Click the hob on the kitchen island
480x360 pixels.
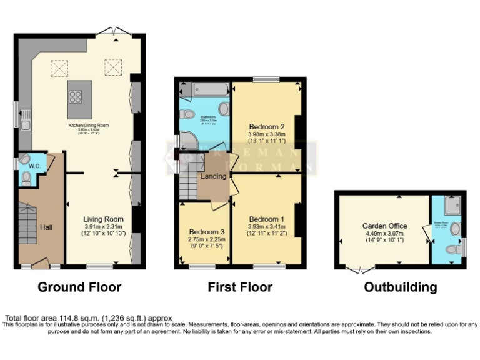(76, 96)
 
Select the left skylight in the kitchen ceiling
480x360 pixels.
(59, 67)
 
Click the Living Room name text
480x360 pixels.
(104, 219)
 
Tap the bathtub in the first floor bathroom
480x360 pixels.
(206, 89)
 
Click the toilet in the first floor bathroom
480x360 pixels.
(186, 114)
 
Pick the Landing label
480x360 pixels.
(213, 177)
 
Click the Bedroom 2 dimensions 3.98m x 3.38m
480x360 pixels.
(267, 134)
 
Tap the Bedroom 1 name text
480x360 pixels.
(267, 219)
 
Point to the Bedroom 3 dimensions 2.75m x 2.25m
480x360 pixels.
(206, 239)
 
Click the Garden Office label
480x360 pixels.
(384, 226)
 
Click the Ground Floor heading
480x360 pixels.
(79, 287)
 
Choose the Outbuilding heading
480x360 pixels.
(400, 287)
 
